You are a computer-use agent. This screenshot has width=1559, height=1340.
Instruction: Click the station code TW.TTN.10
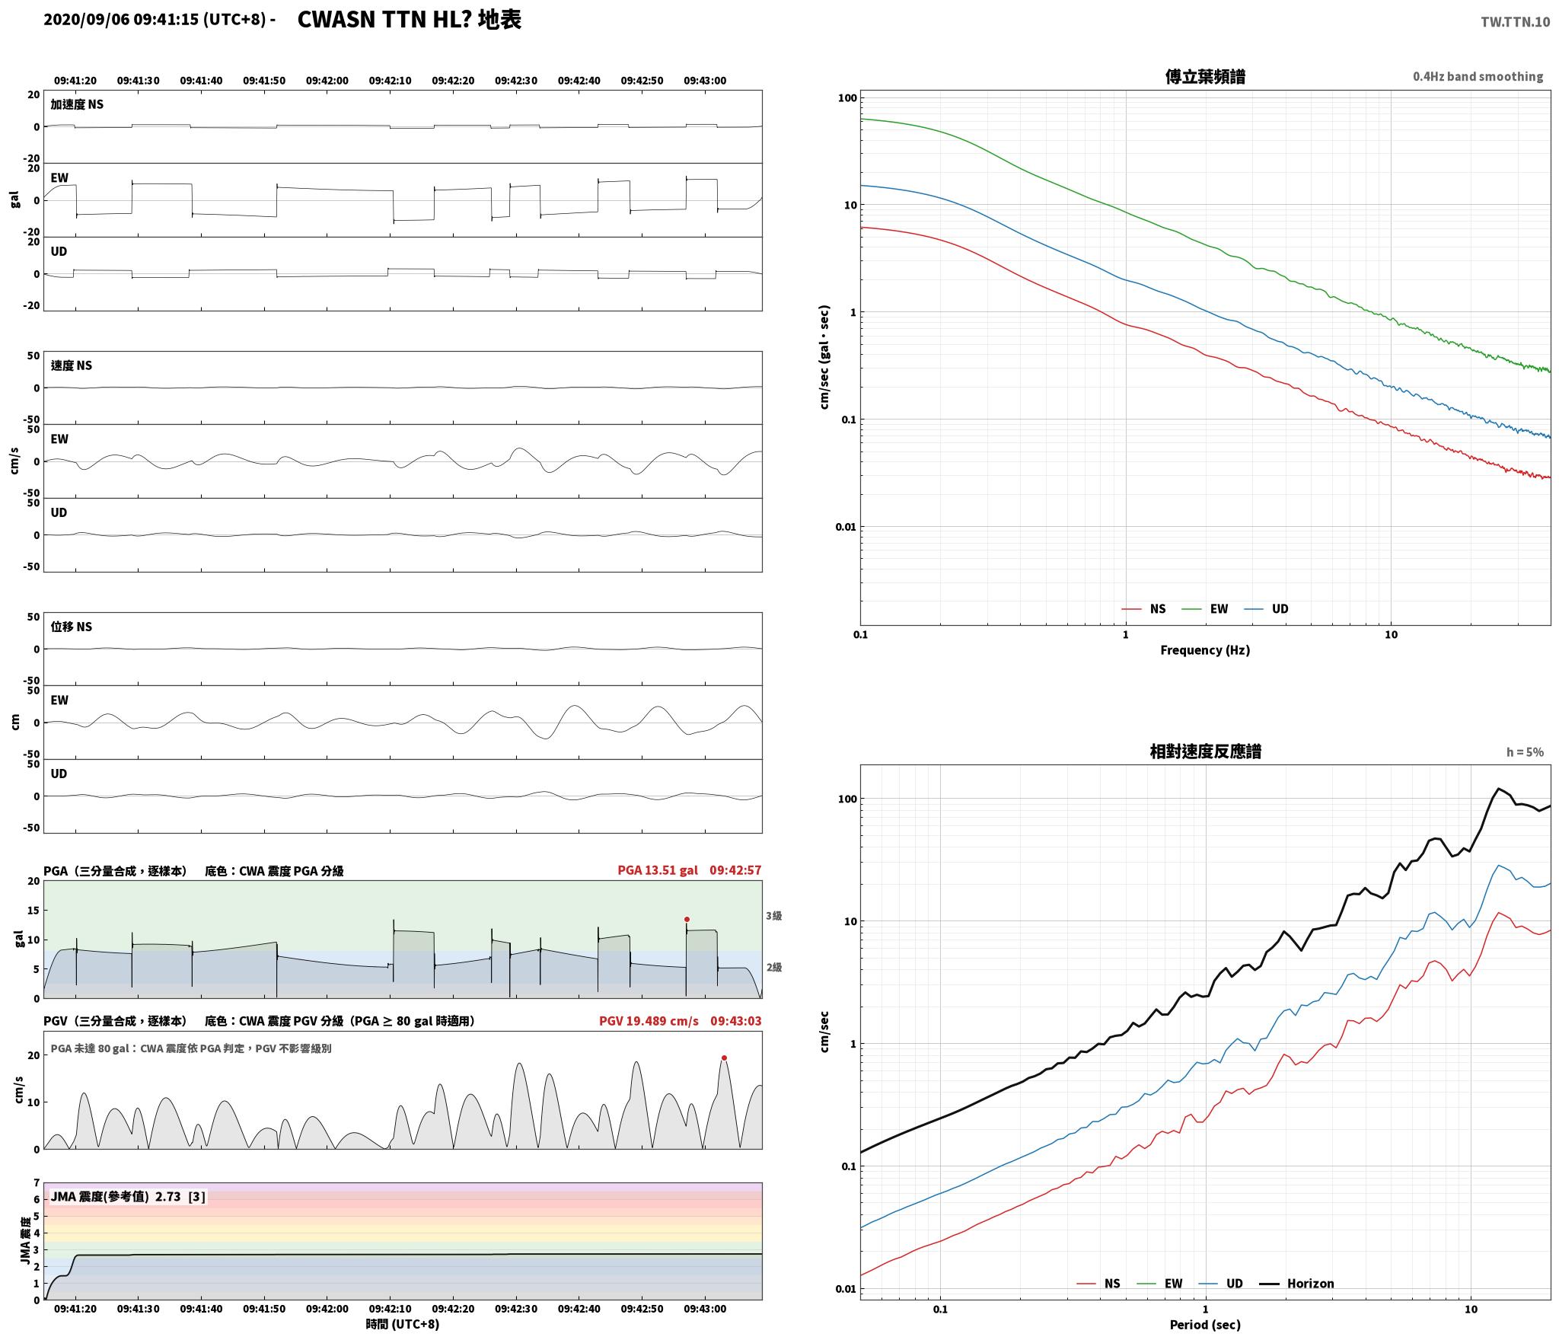[1515, 21]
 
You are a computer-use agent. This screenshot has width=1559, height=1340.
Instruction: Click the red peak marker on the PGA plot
[687, 919]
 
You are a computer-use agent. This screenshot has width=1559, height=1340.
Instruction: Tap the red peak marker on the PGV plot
[724, 1058]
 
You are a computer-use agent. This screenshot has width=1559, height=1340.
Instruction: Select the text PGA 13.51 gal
[658, 870]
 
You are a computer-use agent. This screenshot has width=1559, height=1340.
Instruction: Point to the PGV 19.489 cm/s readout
[649, 1021]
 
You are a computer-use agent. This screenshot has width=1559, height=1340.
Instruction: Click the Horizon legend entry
[1311, 1284]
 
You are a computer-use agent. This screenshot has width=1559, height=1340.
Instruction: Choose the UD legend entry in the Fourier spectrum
[1280, 609]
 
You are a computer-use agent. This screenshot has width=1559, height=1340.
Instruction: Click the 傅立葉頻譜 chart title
[1205, 77]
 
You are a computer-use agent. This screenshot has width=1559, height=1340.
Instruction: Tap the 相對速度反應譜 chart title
[1205, 751]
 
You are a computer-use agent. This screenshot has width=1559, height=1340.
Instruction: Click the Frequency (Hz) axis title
[1205, 650]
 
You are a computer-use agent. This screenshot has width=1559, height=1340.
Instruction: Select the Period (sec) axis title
[1205, 1325]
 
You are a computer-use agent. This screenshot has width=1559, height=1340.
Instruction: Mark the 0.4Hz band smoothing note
[1478, 77]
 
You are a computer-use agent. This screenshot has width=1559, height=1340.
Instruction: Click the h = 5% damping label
[1525, 752]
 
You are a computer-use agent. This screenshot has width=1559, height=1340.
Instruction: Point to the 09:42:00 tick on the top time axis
[327, 81]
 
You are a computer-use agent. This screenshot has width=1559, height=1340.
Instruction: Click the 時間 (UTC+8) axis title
[403, 1324]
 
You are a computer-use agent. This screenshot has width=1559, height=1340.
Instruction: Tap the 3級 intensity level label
[774, 916]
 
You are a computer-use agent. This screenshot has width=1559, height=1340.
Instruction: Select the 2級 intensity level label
[774, 968]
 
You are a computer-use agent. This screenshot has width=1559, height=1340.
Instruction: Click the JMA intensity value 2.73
[168, 1197]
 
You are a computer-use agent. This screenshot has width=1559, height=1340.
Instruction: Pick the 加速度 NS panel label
[77, 104]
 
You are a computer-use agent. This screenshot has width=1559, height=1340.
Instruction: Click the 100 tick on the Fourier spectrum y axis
[847, 98]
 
